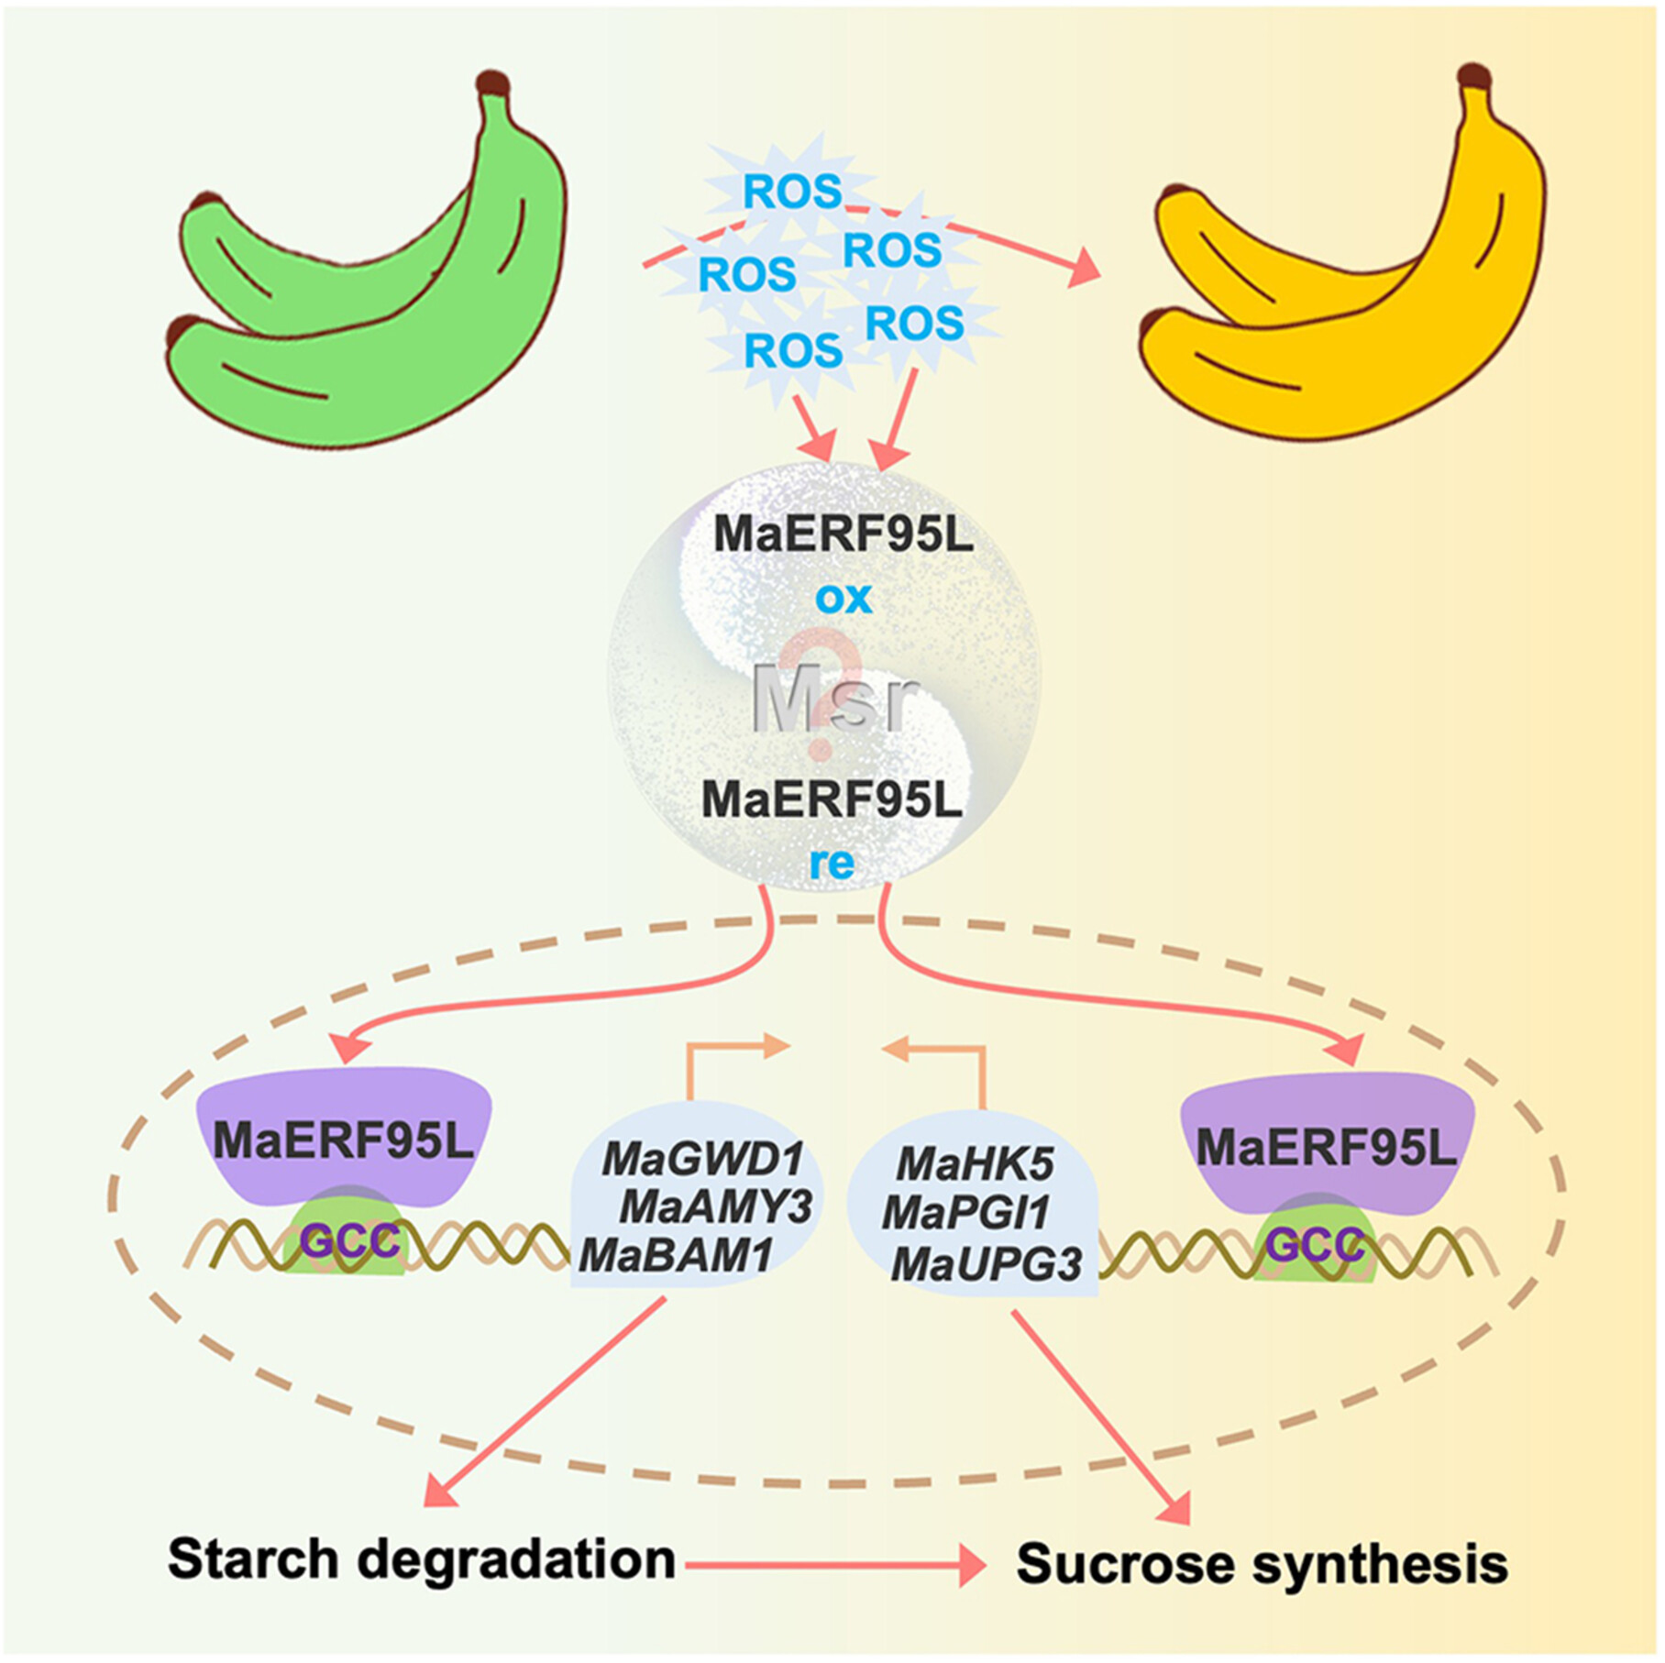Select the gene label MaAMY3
(716, 1207)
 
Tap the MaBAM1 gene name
(676, 1255)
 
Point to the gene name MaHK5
(976, 1164)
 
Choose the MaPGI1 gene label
(965, 1213)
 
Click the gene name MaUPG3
(987, 1264)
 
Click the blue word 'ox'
(844, 599)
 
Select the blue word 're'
(832, 863)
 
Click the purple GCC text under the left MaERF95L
(350, 1242)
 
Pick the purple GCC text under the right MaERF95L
(1315, 1245)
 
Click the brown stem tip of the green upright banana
(493, 82)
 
